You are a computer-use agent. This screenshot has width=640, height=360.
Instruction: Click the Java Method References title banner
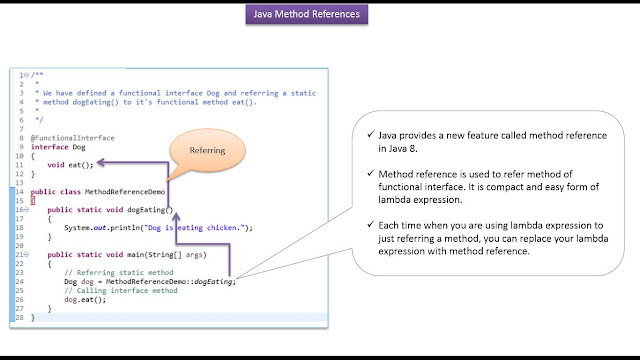(307, 14)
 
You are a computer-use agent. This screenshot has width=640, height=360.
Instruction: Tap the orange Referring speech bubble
(207, 151)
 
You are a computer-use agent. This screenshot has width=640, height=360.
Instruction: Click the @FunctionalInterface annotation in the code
(73, 138)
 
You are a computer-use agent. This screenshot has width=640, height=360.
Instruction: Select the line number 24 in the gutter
(20, 282)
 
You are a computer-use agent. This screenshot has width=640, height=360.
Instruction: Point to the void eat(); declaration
(70, 165)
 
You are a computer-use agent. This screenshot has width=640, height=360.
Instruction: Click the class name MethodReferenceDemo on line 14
(125, 192)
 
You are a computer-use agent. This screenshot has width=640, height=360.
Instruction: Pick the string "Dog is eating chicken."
(195, 228)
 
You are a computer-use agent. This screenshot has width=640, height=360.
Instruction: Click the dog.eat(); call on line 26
(85, 300)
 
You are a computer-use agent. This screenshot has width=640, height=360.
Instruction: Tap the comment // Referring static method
(119, 273)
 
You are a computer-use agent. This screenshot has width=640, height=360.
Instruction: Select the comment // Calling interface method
(121, 291)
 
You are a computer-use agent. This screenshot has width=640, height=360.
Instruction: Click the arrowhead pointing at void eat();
(101, 162)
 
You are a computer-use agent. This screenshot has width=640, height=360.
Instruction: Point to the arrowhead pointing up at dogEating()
(176, 217)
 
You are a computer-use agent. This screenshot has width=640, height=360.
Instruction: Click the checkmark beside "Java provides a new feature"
(371, 134)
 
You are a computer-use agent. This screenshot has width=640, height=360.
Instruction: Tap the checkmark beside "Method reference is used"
(371, 173)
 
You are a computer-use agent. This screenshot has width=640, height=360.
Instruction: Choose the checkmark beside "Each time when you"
(371, 224)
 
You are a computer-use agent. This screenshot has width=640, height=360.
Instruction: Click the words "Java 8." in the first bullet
(402, 149)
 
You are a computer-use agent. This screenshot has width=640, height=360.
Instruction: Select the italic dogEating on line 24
(213, 282)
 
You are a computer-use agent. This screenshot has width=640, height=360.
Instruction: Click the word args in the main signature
(194, 255)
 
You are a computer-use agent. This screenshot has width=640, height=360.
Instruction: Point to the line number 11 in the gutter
(20, 165)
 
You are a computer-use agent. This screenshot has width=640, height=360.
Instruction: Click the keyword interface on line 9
(49, 147)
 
